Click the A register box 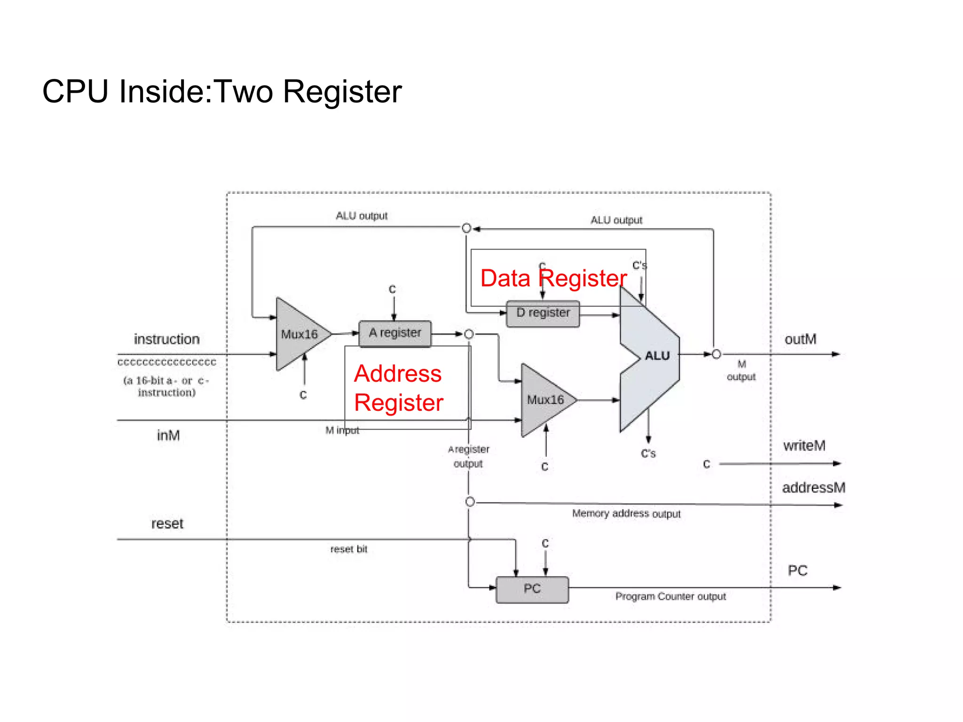(x=395, y=333)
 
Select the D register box (x=543, y=314)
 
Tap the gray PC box (x=532, y=589)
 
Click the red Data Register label (x=553, y=278)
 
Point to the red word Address (x=398, y=374)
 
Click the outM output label (x=800, y=339)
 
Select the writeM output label (x=804, y=446)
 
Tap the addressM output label (x=813, y=488)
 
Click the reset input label (x=167, y=524)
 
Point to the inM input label (x=168, y=435)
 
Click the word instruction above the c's (x=166, y=339)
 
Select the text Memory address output (x=626, y=513)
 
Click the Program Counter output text (x=671, y=596)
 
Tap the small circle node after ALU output (x=716, y=354)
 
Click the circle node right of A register (x=469, y=334)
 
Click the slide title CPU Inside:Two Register (x=222, y=91)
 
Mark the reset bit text (x=348, y=549)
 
